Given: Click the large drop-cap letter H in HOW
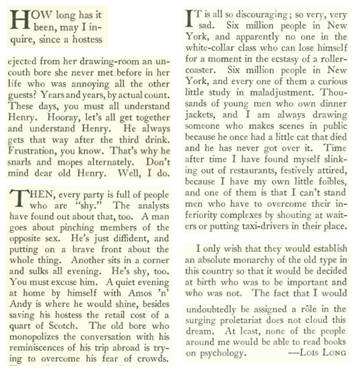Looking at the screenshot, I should (18, 23).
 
